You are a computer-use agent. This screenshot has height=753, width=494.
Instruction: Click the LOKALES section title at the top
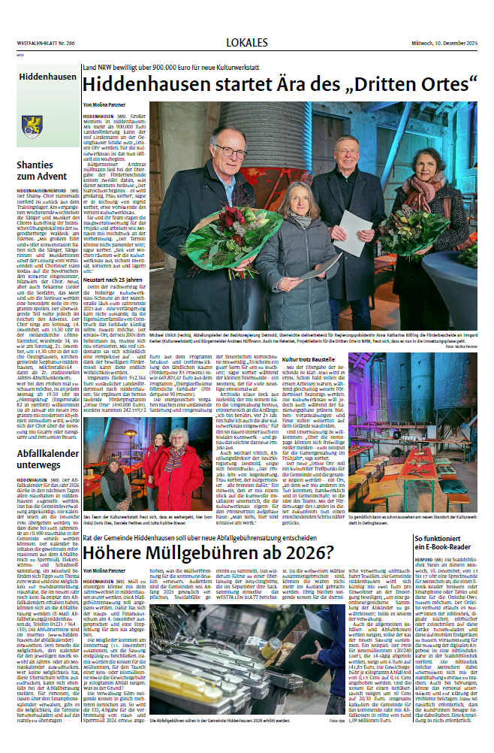[247, 42]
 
